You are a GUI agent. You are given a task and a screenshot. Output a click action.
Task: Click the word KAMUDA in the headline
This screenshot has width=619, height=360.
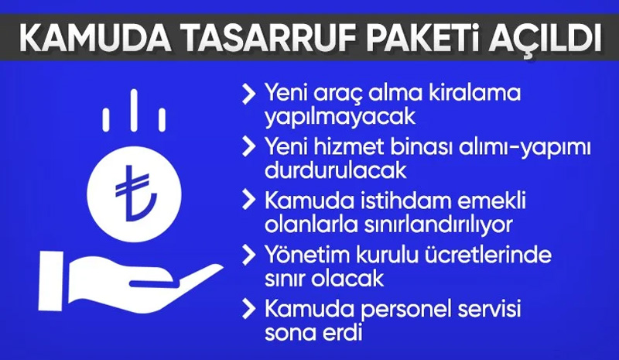pos(95,38)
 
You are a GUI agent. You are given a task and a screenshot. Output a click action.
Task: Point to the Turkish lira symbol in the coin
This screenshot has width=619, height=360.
pos(134,193)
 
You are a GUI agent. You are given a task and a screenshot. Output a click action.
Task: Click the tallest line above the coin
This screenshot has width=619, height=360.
pos(134,110)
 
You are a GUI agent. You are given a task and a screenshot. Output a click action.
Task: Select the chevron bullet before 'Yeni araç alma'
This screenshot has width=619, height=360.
pos(248,94)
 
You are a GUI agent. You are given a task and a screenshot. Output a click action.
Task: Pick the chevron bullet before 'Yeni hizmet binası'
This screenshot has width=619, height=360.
pos(248,146)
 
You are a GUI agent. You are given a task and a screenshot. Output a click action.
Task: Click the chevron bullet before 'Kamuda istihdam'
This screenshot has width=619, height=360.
pos(248,200)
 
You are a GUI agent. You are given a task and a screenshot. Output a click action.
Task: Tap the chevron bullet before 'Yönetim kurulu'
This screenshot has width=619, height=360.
pos(248,255)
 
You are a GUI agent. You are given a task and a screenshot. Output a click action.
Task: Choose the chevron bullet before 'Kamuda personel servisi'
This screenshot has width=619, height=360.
pos(248,309)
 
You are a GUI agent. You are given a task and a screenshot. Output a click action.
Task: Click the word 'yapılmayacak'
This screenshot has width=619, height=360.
pos(340,118)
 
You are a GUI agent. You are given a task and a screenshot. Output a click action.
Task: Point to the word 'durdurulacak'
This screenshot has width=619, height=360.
pos(336,171)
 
